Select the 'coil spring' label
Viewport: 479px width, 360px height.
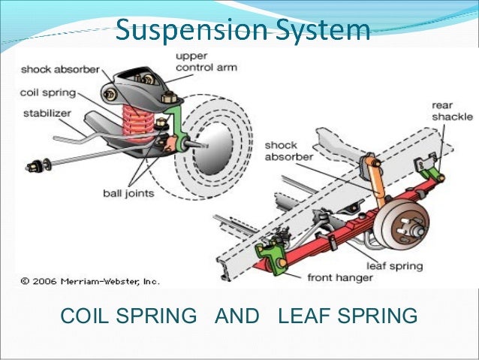coord(48,94)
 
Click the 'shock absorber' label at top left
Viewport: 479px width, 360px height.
coord(59,70)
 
